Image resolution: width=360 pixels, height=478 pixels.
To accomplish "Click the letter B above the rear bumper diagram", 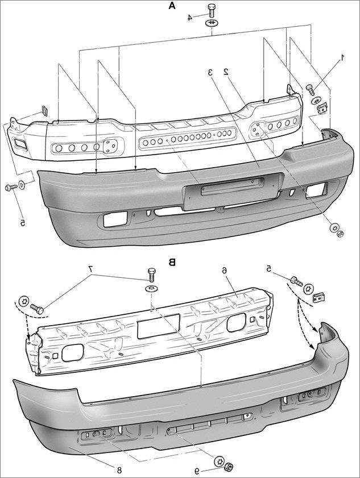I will pyautogui.click(x=172, y=262).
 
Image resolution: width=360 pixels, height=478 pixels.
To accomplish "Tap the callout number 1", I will pyautogui.click(x=342, y=57).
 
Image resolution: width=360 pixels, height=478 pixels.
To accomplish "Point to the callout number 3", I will pyautogui.click(x=210, y=72).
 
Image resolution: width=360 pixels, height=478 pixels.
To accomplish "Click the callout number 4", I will pyautogui.click(x=191, y=17).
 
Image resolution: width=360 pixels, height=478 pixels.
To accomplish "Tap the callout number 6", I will pyautogui.click(x=225, y=270).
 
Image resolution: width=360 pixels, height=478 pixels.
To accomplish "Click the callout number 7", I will pyautogui.click(x=90, y=268).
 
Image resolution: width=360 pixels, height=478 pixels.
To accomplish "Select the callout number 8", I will pyautogui.click(x=119, y=469).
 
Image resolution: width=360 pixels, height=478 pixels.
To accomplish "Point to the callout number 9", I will pyautogui.click(x=197, y=471).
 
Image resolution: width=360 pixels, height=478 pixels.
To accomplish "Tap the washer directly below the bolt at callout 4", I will pyautogui.click(x=212, y=22).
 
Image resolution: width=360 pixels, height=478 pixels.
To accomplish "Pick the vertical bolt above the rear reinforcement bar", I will pyautogui.click(x=151, y=275).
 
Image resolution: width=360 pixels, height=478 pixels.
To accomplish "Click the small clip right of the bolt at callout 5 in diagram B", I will pyautogui.click(x=320, y=296).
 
